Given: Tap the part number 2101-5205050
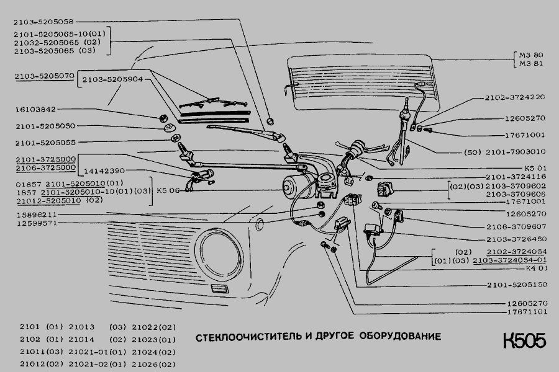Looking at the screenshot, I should (x=45, y=126).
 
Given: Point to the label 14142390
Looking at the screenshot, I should (x=104, y=169).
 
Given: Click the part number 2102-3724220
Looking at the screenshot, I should (x=516, y=97).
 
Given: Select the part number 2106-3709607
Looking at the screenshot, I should (x=516, y=226).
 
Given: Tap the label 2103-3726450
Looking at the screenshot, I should (x=516, y=239).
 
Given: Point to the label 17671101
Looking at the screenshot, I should (x=523, y=312).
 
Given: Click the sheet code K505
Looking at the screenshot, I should (x=525, y=342).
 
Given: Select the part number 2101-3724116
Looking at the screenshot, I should (x=516, y=177).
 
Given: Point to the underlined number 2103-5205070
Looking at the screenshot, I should (x=45, y=76).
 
